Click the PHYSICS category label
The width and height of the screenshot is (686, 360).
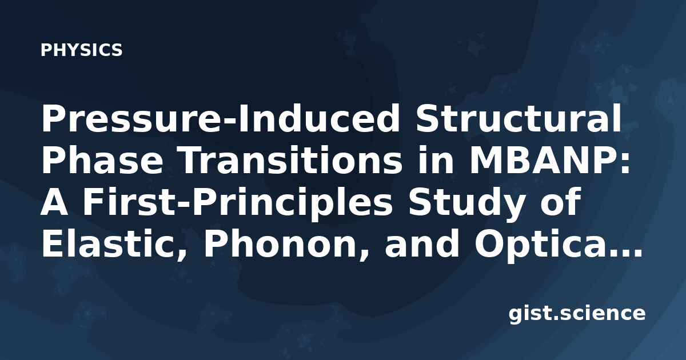pos(81,50)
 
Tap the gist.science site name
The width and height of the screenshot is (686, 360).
pos(577,314)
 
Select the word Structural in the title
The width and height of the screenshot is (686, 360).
pos(517,118)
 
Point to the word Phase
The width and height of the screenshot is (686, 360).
pos(102,161)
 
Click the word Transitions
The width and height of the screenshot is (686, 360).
pos(290,161)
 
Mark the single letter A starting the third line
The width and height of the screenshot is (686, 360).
pos(54,202)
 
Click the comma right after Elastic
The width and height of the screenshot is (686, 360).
pos(181,255)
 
